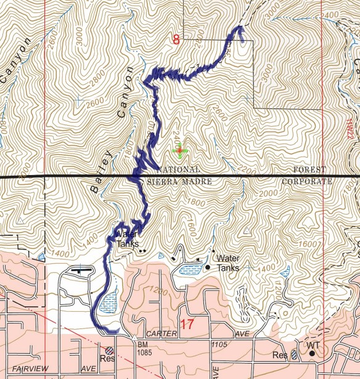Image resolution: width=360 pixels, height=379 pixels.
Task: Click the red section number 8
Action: [176, 41]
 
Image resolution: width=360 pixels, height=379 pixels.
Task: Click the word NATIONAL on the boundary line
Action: [179, 169]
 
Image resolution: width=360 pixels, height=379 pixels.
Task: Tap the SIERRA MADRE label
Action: [179, 182]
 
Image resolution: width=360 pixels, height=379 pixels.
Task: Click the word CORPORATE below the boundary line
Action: [306, 182]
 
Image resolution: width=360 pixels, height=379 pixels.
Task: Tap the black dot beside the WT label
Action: [313, 354]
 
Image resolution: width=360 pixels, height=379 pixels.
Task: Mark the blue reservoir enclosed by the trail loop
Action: [107, 303]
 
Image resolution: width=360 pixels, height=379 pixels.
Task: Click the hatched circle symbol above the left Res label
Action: [109, 349]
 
